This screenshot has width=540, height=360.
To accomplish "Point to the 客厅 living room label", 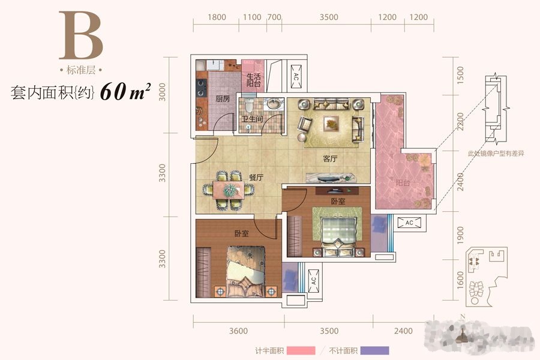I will click(x=331, y=159).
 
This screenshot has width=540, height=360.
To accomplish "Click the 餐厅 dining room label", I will click(x=257, y=177).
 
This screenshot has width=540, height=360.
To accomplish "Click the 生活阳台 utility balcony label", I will click(x=253, y=80).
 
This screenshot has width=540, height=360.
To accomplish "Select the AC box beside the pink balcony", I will click(x=410, y=223).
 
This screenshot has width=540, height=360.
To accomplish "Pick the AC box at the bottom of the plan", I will click(x=313, y=279).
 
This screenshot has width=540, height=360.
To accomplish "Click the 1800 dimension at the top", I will click(x=216, y=17).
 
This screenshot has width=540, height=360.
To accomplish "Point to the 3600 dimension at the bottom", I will click(x=238, y=331).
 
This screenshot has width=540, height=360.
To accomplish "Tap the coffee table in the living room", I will click(x=331, y=123).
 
